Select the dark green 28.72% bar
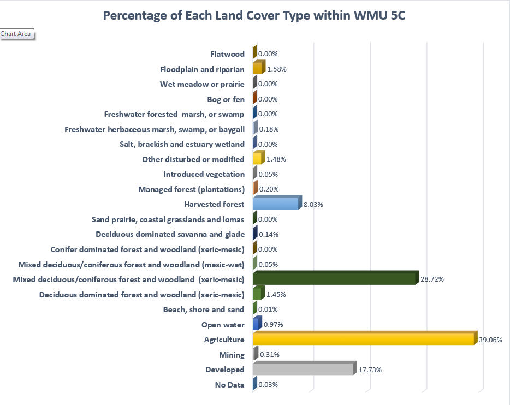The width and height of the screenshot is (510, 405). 334,279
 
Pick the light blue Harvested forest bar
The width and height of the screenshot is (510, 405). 276,204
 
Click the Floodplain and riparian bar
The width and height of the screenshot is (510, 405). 258,69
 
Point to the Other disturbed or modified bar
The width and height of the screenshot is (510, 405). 257,159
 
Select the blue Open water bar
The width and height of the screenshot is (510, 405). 256,324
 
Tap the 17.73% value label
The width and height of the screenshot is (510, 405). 370,370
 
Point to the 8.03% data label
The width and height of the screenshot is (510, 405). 313,204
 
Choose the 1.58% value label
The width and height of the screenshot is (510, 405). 277,69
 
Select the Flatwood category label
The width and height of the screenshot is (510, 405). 227,54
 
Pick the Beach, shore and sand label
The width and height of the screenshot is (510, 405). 204,309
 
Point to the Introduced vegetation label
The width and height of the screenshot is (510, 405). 204,174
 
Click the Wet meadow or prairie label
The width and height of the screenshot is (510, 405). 202,84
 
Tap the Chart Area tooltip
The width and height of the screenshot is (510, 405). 16,34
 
